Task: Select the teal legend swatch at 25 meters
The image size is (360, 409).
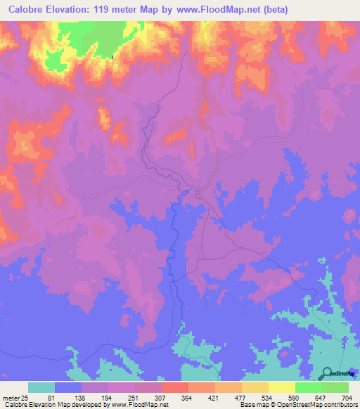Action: point(41,387)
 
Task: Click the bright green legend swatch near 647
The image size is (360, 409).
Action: point(308,387)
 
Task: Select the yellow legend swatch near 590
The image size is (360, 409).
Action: point(281,387)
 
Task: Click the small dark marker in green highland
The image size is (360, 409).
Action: point(113,57)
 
